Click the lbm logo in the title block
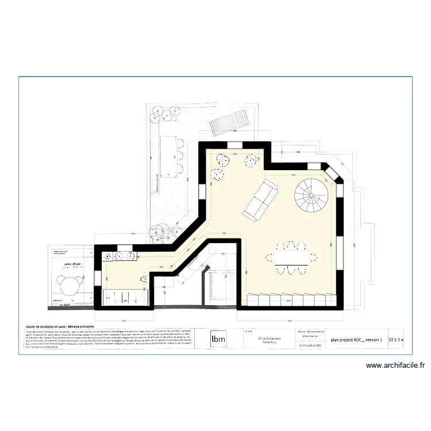[x=218, y=338]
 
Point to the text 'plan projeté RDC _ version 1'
[x=356, y=340]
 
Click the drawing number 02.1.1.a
[x=396, y=340]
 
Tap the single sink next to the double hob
[x=109, y=257]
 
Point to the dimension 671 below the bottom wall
[x=291, y=320]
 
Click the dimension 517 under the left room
[x=124, y=320]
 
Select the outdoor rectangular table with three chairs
[x=171, y=155]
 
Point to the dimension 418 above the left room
[x=133, y=234]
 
